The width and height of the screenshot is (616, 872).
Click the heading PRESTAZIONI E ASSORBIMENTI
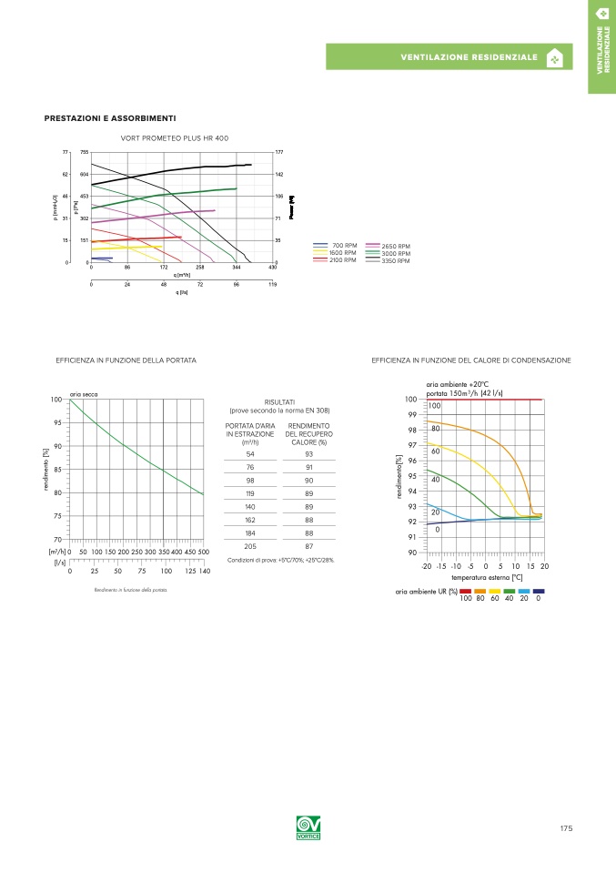pos(110,118)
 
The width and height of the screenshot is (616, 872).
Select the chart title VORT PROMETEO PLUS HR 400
pos(175,137)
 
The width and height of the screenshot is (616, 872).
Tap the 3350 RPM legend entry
pos(396,261)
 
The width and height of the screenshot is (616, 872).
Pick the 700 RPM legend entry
pos(344,246)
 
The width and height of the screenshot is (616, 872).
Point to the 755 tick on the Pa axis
pos(84,152)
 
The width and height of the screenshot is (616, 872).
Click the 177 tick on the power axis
pos(279,152)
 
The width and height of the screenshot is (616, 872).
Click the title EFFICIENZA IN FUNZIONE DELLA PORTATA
pos(126,360)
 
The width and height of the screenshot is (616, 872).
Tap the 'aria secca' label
pos(84,393)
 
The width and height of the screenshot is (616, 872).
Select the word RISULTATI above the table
pos(279,402)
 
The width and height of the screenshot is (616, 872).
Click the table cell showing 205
pos(250,546)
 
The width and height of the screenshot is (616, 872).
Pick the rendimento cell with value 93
pos(309,453)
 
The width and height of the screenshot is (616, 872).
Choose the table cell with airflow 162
pos(250,519)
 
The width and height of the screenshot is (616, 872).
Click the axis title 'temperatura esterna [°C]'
pos(486,577)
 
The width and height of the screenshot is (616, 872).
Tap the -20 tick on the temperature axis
pos(426,566)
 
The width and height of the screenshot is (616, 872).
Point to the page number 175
pos(566,828)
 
